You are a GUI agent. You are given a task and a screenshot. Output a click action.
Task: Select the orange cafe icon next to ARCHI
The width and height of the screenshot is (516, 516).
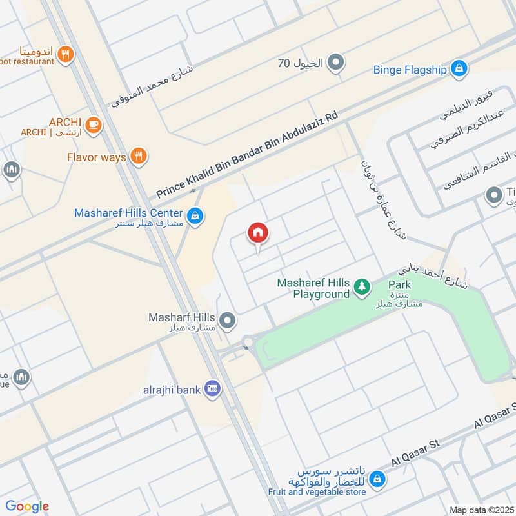point(94,124)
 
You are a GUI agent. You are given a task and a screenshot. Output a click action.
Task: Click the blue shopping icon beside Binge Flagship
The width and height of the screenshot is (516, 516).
point(459,68)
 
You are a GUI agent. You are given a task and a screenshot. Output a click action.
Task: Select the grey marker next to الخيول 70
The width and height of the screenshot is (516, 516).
point(335,63)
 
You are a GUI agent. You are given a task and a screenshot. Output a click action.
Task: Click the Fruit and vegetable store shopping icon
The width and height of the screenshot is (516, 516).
point(377,479)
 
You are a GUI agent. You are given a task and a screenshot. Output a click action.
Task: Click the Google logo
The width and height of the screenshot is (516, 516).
point(27,506)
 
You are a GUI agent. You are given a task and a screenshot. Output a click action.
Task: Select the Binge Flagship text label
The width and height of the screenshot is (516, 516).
point(410,69)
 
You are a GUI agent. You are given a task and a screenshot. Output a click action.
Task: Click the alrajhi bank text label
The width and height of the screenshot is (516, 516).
point(172,389)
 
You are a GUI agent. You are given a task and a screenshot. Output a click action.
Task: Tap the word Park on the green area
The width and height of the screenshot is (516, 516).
point(399,284)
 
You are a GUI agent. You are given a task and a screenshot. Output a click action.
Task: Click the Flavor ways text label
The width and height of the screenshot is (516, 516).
point(96,157)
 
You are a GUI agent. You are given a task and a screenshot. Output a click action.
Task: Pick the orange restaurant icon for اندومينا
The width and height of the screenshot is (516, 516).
point(64,55)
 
